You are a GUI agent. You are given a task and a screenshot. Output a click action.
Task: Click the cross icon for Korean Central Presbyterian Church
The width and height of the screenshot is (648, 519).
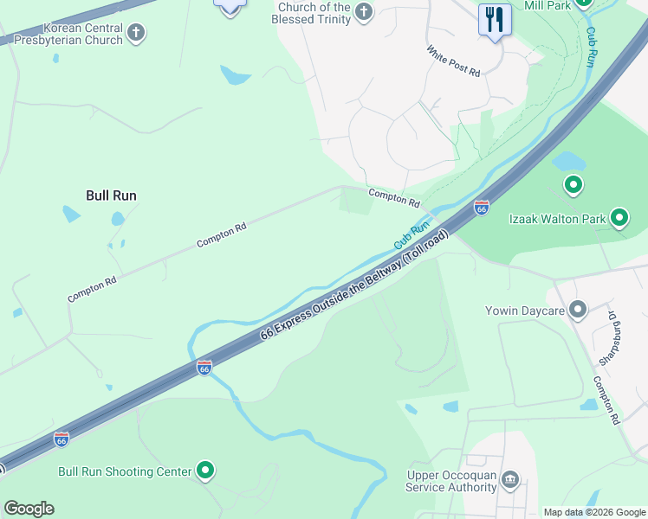pyautogui.click(x=135, y=33)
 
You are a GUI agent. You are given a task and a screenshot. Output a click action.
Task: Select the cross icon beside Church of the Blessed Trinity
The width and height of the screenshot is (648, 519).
pyautogui.click(x=364, y=12)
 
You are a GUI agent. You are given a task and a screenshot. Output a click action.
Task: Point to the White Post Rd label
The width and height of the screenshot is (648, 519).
pyautogui.click(x=453, y=61)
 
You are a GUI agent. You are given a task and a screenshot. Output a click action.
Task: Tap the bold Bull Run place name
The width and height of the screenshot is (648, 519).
pyautogui.click(x=111, y=195)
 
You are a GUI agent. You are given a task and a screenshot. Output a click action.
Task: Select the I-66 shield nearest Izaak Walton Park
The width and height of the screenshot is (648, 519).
pyautogui.click(x=482, y=208)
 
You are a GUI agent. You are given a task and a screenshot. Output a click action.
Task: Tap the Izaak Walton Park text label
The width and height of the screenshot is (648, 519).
pyautogui.click(x=557, y=219)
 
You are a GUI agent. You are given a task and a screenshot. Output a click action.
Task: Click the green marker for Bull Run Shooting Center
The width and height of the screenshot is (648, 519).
pyautogui.click(x=205, y=471)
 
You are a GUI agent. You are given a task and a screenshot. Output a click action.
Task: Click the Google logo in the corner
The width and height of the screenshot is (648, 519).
pyautogui.click(x=29, y=509)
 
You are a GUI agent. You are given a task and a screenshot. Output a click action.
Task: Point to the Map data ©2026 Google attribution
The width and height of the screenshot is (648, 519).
pyautogui.click(x=593, y=512)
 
